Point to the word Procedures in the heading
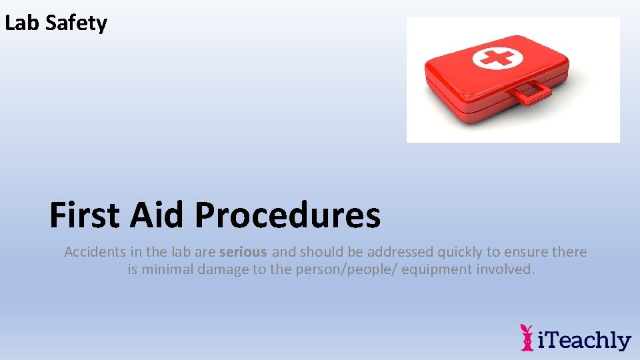(287, 215)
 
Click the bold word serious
(243, 252)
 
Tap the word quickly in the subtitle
(459, 252)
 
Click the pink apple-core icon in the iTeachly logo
(527, 337)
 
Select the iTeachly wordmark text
(585, 339)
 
